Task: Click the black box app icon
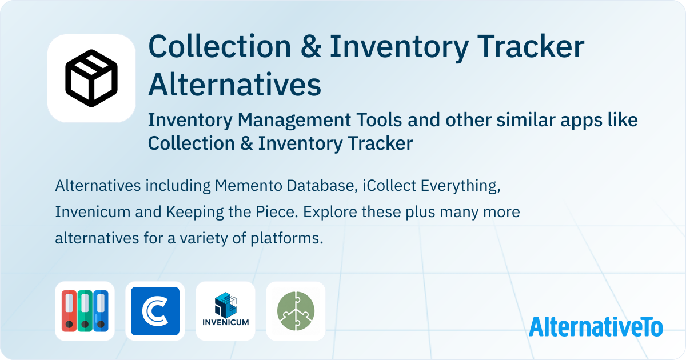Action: (x=91, y=78)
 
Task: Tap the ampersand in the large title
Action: (x=310, y=46)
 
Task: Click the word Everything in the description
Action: (x=460, y=186)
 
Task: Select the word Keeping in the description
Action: (x=195, y=213)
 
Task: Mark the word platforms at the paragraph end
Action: (x=286, y=239)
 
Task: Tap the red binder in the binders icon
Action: (x=69, y=311)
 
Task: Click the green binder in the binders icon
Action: (x=85, y=311)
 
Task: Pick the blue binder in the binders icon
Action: (x=101, y=311)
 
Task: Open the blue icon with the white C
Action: (x=155, y=311)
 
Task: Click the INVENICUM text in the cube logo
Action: (x=225, y=322)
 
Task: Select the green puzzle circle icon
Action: (x=296, y=311)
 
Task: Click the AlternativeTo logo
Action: (x=596, y=326)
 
